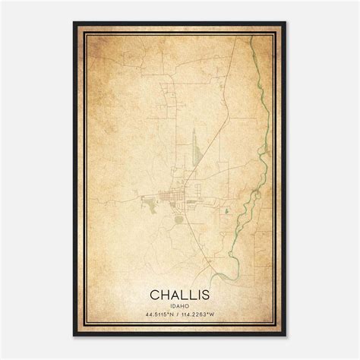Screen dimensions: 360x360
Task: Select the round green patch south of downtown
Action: click(178, 219)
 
